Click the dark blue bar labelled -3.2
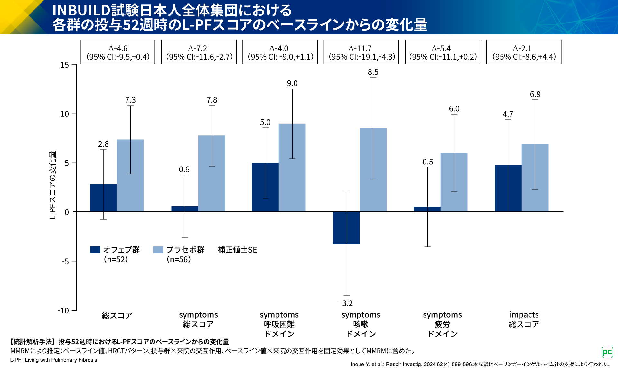[x=346, y=228]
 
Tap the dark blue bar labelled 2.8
[x=103, y=198]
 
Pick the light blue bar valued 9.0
[x=292, y=167]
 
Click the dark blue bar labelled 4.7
[x=508, y=188]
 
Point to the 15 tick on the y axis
[x=65, y=65]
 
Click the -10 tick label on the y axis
[x=63, y=310]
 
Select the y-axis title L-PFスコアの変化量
[x=52, y=185]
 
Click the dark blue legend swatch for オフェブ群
[x=95, y=250]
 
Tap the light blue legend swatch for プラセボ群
[x=158, y=250]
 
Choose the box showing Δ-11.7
[x=361, y=52]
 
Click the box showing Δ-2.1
[x=524, y=52]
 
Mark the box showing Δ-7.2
[x=199, y=52]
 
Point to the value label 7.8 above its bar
[x=212, y=100]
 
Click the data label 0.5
[x=428, y=162]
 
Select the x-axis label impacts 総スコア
[x=524, y=319]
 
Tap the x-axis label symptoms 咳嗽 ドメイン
[x=361, y=324]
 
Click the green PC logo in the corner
[x=607, y=352]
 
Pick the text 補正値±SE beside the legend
[x=237, y=250]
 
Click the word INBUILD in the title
[x=81, y=10]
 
